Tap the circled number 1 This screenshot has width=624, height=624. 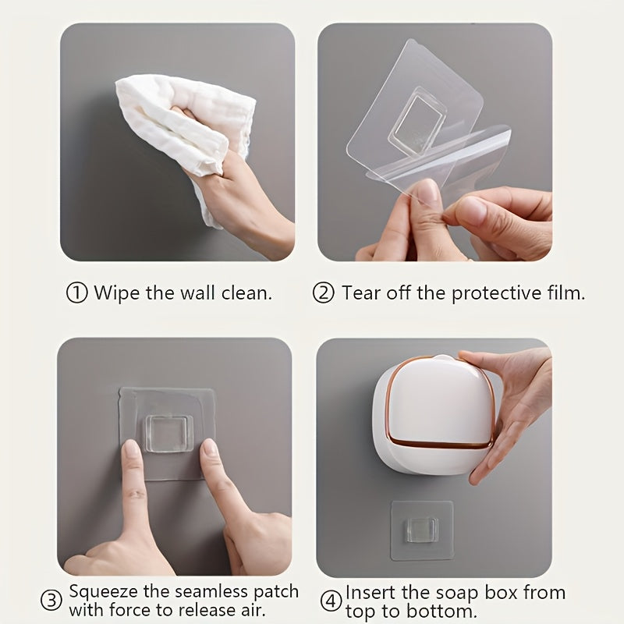pos(76,293)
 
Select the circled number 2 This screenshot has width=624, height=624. pos(324,293)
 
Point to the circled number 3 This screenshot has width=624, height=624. pos(51,601)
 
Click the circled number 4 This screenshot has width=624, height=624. pos(331,601)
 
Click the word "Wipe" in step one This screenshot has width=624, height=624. pos(114,293)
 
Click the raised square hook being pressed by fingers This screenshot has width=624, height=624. pos(168,433)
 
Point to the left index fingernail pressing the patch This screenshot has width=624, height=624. pos(132,449)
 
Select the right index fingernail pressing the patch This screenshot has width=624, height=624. pos(210,447)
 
